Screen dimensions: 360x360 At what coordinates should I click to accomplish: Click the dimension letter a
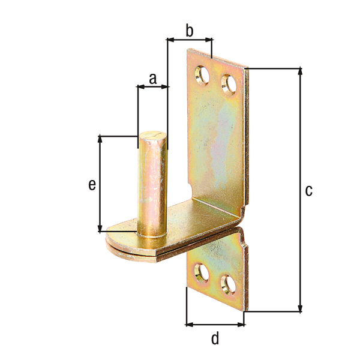[153, 79]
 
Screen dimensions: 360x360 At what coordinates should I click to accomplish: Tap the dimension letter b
[190, 31]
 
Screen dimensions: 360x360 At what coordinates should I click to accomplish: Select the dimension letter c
[309, 191]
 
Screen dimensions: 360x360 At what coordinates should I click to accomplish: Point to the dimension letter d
[215, 338]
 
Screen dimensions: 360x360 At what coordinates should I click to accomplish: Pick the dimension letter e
[92, 185]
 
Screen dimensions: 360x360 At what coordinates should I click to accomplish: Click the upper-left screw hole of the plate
[202, 76]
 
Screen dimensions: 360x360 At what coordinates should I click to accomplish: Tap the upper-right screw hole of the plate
[229, 85]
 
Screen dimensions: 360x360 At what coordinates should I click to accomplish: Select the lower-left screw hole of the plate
[202, 273]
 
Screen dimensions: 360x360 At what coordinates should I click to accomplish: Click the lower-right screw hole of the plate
[228, 284]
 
